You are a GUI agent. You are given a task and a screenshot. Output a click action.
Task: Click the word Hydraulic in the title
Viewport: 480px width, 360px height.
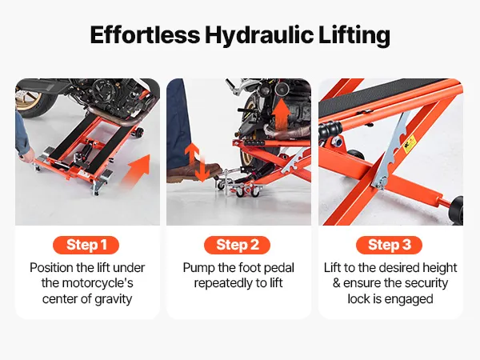[x=259, y=35]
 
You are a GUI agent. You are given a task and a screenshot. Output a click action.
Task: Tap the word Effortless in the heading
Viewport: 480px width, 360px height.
[x=145, y=34]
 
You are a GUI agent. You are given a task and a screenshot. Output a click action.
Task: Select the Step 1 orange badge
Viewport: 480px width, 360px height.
[x=86, y=245]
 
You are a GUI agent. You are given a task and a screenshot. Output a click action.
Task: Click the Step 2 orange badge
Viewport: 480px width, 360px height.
[x=238, y=245]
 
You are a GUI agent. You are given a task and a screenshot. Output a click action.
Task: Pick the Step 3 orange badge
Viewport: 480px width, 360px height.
[x=389, y=245]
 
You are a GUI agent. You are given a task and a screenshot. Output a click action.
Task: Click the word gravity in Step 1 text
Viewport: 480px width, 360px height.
[x=114, y=299]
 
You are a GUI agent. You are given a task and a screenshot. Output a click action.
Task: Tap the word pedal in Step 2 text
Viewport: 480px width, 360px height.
[x=279, y=267]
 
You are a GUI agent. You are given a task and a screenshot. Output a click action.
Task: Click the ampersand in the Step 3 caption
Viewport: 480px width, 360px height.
[x=337, y=283]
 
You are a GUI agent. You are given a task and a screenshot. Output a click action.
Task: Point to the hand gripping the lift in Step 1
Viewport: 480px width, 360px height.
[x=28, y=157]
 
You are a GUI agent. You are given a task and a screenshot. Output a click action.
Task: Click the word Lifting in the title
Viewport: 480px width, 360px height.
[x=354, y=35]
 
